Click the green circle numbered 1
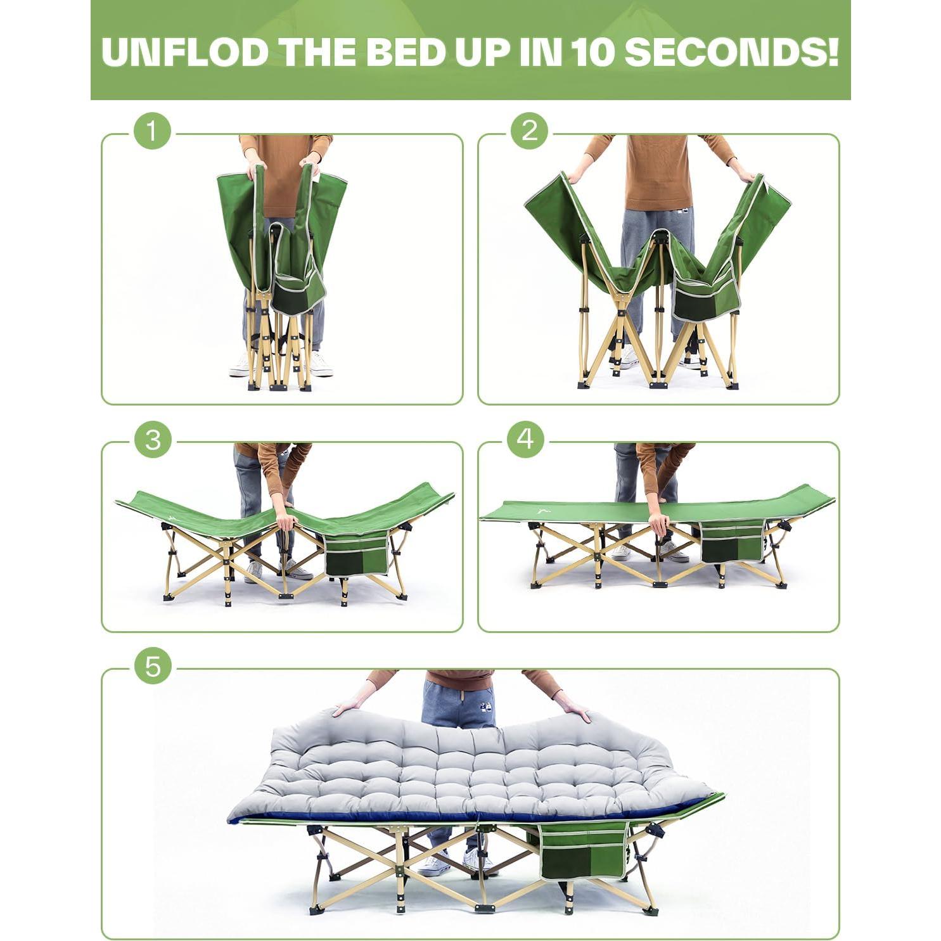point(152,132)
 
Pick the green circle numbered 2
point(529,132)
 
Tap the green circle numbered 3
point(153,440)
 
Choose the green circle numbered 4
point(525,438)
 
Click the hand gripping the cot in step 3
point(286,521)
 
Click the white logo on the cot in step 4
point(543,509)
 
